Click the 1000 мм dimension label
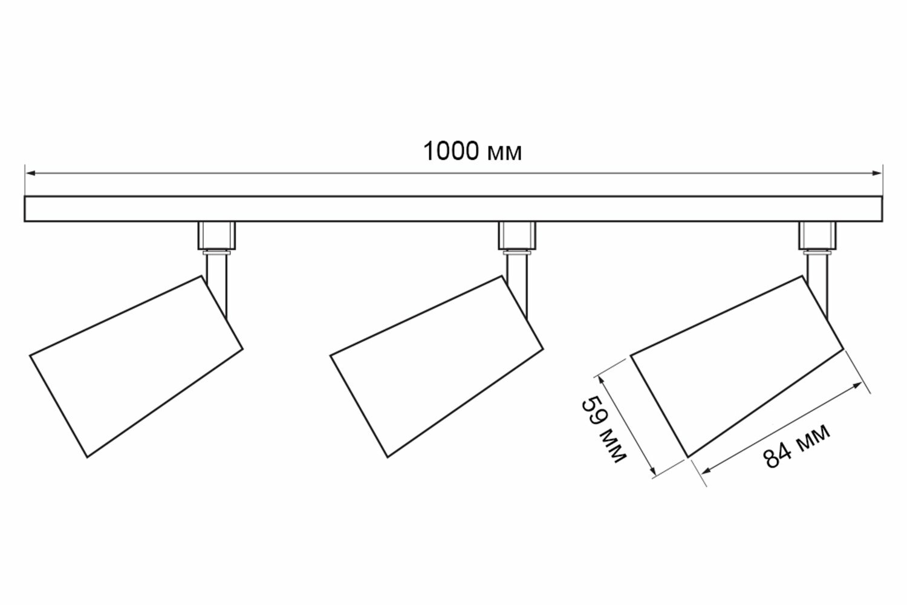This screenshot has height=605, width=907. coord(471,152)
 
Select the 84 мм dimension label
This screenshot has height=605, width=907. coord(796,446)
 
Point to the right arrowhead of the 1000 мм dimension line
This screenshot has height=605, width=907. coord(877,173)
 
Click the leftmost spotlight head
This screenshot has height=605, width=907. coord(136,367)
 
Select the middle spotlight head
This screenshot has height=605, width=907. coord(436,367)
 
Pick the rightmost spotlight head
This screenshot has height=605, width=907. coord(736,367)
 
